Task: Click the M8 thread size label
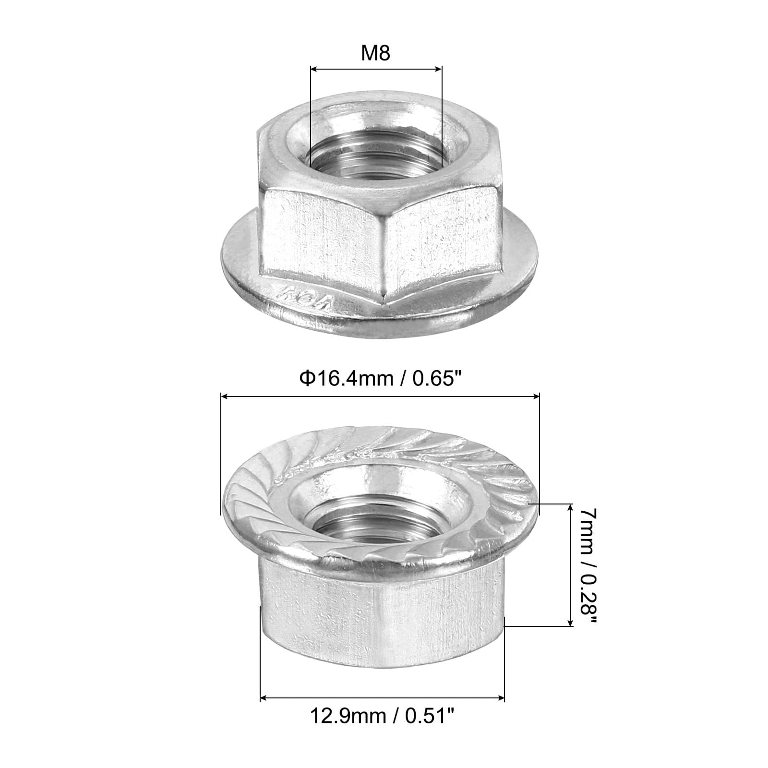tap(376, 53)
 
